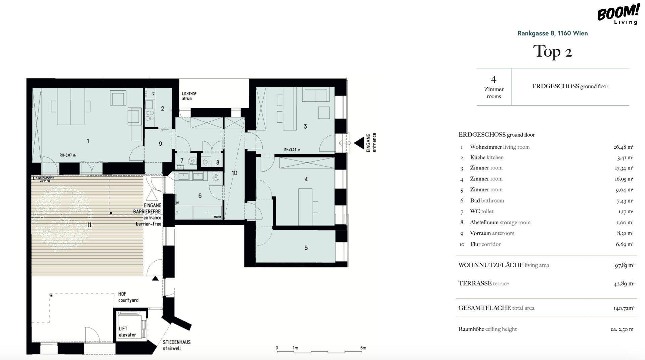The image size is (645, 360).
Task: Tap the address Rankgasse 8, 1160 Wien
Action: [553, 33]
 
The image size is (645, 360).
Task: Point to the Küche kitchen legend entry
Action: [486, 157]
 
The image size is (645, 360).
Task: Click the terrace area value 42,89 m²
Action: [624, 283]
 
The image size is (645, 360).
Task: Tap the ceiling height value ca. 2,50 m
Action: [622, 329]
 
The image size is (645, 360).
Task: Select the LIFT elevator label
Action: [128, 331]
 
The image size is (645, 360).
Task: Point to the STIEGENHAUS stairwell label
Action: [177, 345]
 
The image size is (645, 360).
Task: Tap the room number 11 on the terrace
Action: [89, 225]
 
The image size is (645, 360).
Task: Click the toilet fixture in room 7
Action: [191, 161]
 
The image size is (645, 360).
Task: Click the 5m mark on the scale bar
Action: [363, 348]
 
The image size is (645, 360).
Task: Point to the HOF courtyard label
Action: [128, 297]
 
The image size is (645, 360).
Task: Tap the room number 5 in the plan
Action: [306, 248]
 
